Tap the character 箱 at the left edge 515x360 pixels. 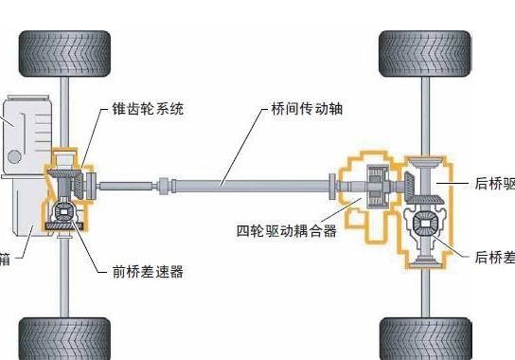(x=6, y=257)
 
